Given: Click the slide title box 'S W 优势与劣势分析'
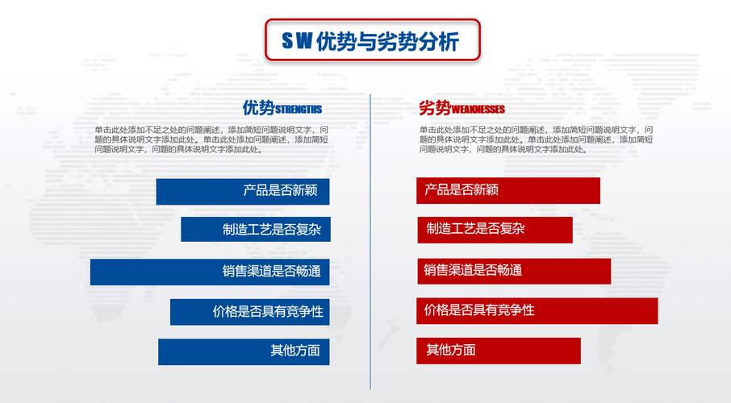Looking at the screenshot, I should click(x=372, y=41).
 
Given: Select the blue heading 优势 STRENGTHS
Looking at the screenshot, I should click(x=282, y=108).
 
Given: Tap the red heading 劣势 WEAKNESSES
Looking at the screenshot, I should click(x=462, y=108).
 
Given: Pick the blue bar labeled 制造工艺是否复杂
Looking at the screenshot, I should click(x=255, y=229).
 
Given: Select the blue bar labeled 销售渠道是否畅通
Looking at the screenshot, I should click(x=210, y=272).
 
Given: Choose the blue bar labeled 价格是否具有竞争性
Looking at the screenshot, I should click(x=249, y=311).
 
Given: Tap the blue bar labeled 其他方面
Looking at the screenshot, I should click(x=244, y=351).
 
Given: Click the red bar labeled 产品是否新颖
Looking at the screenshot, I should click(x=508, y=190).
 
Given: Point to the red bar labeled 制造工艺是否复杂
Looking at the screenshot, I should click(x=495, y=229).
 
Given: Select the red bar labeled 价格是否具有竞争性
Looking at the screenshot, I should click(x=537, y=310).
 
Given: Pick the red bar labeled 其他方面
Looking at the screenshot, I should click(x=499, y=351).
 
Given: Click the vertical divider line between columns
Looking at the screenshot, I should click(x=370, y=242).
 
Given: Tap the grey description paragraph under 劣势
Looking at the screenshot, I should click(x=536, y=139).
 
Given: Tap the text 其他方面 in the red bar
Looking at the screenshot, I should click(x=451, y=351).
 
